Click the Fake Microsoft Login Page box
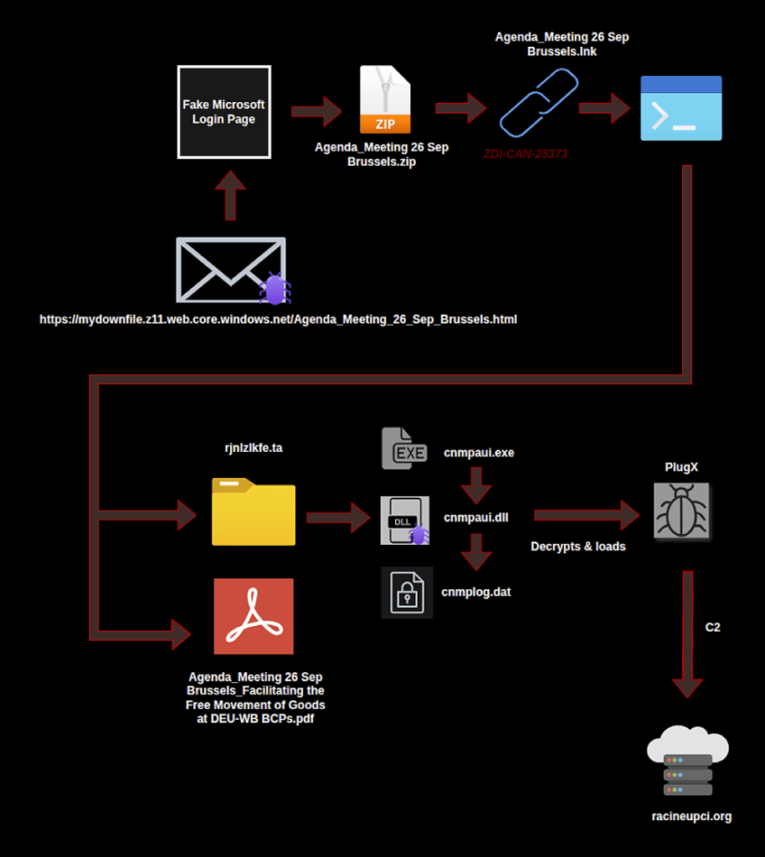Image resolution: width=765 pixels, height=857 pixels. [223, 111]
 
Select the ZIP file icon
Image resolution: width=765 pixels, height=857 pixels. [385, 100]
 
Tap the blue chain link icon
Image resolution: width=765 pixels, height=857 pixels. [538, 102]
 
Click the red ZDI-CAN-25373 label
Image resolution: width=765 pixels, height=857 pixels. [526, 155]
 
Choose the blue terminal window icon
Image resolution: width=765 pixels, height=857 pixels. [680, 108]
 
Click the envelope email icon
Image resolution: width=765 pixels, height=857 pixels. [230, 269]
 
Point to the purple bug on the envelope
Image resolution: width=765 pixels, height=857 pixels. [274, 289]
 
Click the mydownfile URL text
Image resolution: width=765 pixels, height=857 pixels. [278, 319]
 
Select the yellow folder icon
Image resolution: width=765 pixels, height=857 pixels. [253, 511]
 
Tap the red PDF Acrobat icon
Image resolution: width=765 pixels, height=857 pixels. [253, 616]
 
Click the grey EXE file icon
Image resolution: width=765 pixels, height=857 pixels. [404, 448]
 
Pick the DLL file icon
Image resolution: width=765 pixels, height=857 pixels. [404, 520]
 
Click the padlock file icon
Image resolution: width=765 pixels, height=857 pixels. [407, 593]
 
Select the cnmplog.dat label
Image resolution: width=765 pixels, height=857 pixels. [476, 592]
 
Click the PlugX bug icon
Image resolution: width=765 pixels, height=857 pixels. [681, 510]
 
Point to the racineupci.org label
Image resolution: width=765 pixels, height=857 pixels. [691, 816]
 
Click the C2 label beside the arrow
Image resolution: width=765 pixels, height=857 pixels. [713, 627]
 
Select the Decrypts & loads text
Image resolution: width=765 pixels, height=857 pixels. [578, 547]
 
